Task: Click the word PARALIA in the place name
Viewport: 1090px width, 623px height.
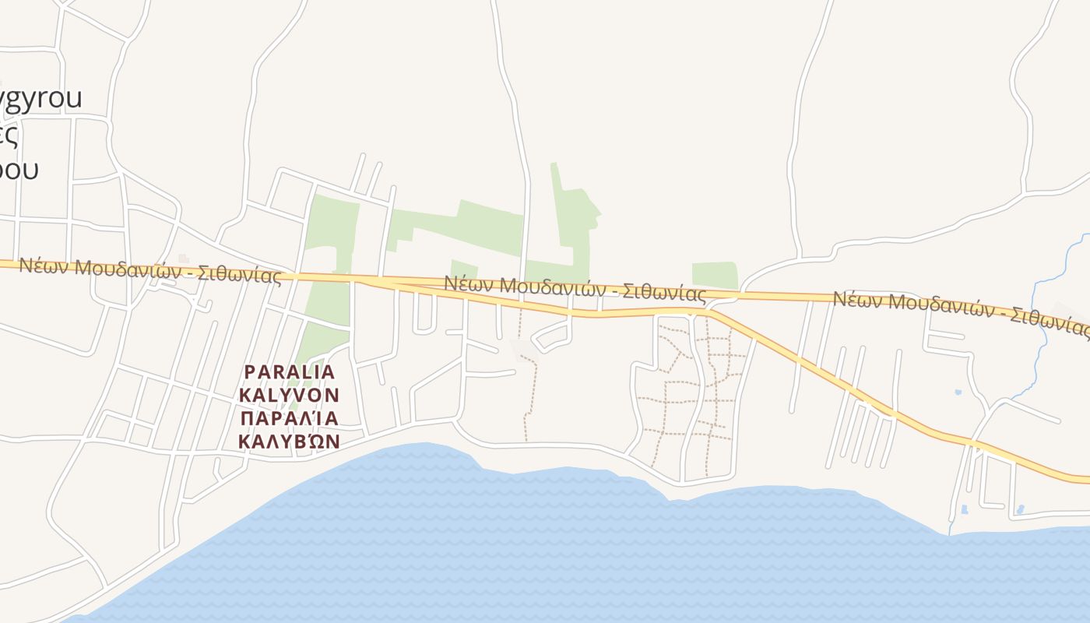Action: click(290, 372)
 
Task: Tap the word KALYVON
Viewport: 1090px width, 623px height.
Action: click(290, 396)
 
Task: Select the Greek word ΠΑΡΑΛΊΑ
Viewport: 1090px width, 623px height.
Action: click(290, 419)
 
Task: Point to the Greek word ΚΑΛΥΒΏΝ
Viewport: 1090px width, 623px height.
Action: click(290, 442)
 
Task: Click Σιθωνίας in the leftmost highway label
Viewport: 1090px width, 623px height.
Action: click(239, 274)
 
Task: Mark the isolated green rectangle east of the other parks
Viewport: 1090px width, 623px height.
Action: click(714, 275)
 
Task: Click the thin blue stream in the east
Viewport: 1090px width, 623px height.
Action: click(1035, 327)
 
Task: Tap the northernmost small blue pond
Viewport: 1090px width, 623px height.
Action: click(958, 392)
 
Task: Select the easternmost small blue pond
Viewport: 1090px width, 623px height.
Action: click(1020, 510)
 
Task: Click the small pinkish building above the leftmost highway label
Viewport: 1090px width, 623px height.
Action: click(184, 259)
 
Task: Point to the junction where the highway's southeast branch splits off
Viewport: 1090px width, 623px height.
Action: click(712, 311)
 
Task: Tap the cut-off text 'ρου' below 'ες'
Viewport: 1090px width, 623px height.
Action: click(19, 169)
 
